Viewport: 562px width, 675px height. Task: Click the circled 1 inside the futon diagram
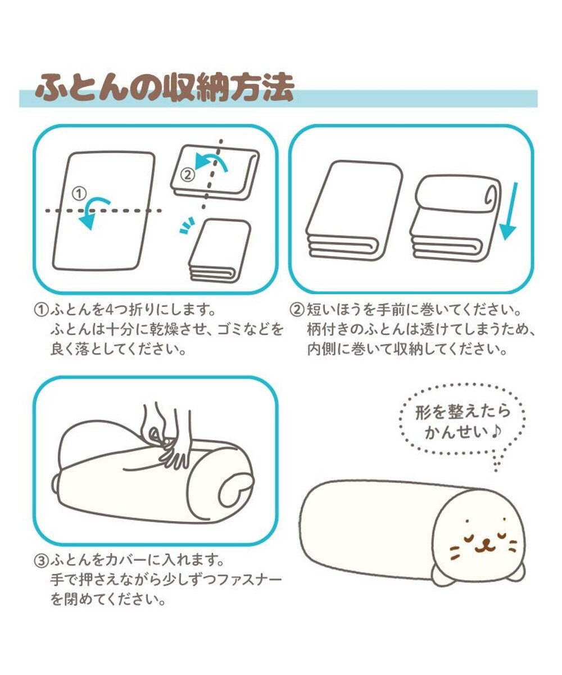pyautogui.click(x=80, y=193)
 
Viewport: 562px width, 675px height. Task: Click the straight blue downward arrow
pyautogui.click(x=509, y=211)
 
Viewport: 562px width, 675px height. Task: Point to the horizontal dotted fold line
pyautogui.click(x=104, y=211)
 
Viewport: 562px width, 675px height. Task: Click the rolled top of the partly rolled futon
pyautogui.click(x=458, y=194)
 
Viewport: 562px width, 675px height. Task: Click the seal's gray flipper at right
pyautogui.click(x=515, y=571)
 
